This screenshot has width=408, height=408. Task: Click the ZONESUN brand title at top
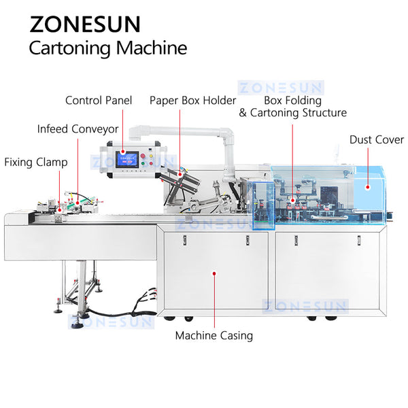click(85, 24)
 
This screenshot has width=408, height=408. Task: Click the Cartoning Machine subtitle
click(107, 48)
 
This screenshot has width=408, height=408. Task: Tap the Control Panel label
click(99, 101)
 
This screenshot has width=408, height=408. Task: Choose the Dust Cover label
click(375, 139)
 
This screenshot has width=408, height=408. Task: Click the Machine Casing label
click(214, 335)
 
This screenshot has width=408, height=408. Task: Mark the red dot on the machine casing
click(214, 273)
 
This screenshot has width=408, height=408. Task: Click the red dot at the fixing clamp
click(59, 210)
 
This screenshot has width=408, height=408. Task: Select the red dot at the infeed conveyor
click(78, 201)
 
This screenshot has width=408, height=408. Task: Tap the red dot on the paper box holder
click(180, 174)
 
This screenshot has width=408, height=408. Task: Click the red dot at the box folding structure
click(293, 200)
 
